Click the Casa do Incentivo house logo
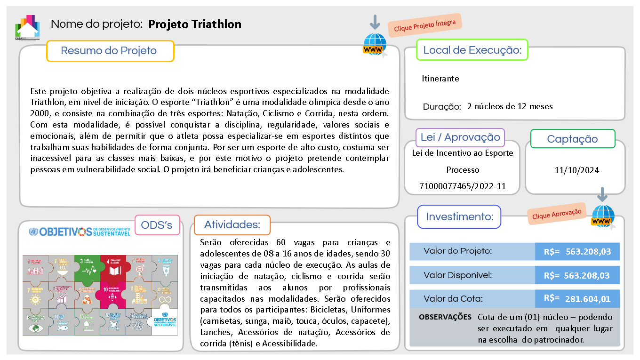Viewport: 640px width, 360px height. click(27, 27)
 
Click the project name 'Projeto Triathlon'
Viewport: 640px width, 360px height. click(195, 24)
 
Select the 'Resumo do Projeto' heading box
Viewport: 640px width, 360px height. click(110, 51)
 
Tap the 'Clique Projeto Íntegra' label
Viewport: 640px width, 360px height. click(424, 25)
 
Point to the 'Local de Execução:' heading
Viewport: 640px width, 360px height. click(472, 50)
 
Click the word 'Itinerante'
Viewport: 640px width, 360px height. click(440, 79)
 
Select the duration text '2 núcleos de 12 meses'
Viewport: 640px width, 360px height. click(510, 106)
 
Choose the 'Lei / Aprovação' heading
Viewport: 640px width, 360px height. click(460, 137)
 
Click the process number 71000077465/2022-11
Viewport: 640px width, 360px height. click(462, 186)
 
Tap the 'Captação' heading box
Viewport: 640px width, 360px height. click(572, 139)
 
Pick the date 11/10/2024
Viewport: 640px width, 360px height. click(576, 170)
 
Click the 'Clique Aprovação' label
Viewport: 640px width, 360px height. click(557, 213)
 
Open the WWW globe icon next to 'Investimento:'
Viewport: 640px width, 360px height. click(603, 217)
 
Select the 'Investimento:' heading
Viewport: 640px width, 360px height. click(459, 217)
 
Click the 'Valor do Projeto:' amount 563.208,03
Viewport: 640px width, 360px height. click(588, 252)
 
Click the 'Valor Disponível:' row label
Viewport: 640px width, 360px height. click(457, 275)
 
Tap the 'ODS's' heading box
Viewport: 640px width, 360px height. click(157, 225)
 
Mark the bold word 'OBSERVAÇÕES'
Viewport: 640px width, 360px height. click(445, 317)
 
